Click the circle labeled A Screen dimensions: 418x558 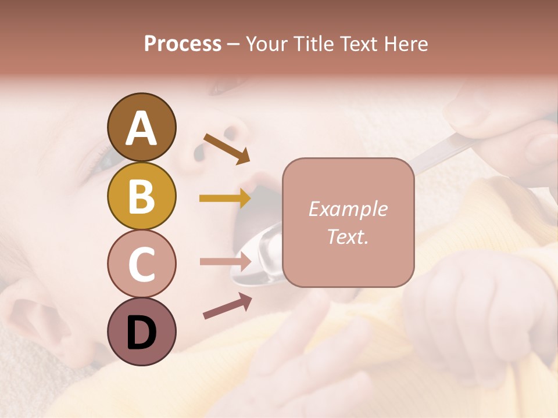[x=141, y=127]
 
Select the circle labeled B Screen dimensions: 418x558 [x=141, y=196]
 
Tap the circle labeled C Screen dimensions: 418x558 [x=141, y=264]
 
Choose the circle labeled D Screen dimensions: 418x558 [x=141, y=331]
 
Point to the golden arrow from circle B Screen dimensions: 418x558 [x=224, y=199]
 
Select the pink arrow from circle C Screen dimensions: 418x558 [x=224, y=261]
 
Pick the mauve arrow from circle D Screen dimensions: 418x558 [x=227, y=306]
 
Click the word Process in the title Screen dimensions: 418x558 [x=183, y=44]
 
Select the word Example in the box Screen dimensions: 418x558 [x=348, y=209]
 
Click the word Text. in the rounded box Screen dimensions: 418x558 [x=348, y=236]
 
